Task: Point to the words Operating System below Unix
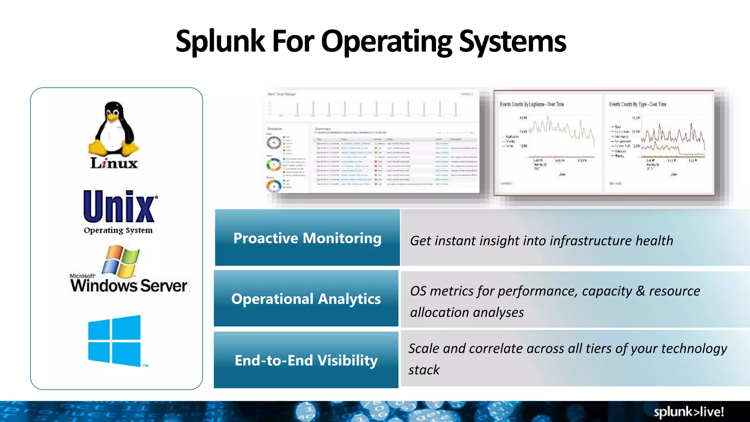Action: tap(118, 230)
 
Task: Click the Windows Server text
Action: tap(129, 286)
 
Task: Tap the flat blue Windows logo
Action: tap(114, 340)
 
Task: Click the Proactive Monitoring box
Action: tap(307, 238)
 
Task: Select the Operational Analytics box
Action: tap(306, 299)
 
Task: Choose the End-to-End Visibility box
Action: tap(306, 360)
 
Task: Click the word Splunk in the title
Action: tap(220, 41)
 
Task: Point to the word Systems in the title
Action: tap(512, 41)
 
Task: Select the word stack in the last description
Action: tap(424, 370)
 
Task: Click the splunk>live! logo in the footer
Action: tap(688, 412)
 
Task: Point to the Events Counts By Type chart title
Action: tap(638, 104)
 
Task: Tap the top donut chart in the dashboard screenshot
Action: tap(274, 142)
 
